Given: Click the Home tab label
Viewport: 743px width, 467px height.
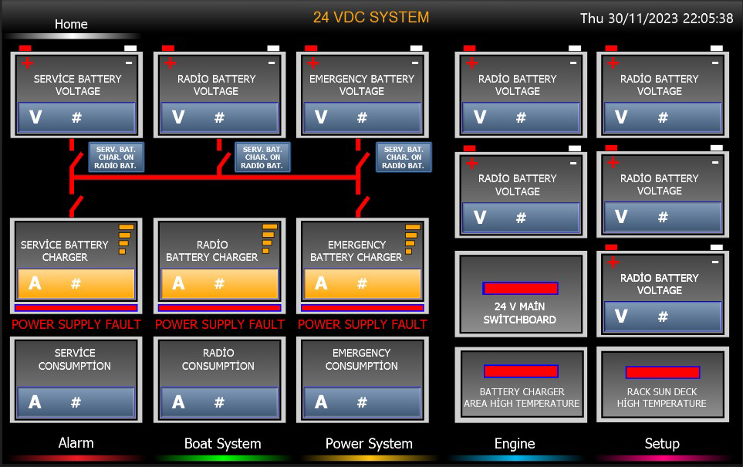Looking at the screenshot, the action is [x=71, y=24].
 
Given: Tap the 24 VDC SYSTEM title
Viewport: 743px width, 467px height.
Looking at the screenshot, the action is [x=371, y=18].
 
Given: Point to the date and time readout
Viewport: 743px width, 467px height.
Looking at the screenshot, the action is [x=657, y=19].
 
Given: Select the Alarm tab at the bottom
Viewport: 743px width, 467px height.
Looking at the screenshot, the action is [x=76, y=443].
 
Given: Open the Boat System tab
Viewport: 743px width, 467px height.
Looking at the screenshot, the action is [x=223, y=444].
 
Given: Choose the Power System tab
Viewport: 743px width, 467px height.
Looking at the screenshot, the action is [x=369, y=444].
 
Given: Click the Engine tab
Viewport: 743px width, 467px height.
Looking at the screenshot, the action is [x=515, y=444].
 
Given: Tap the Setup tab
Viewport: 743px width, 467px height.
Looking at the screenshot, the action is [x=662, y=444].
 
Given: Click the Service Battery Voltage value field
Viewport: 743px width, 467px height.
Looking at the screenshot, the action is [x=76, y=117].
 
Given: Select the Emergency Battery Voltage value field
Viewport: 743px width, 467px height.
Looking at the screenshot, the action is [x=363, y=117].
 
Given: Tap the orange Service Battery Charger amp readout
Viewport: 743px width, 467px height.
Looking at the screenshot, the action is [x=76, y=283].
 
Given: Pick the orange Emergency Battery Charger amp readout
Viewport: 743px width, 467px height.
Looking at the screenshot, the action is [x=363, y=283].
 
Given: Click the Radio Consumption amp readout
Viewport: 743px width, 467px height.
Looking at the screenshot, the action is [x=219, y=402].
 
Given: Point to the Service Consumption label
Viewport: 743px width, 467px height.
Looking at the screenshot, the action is [x=75, y=360].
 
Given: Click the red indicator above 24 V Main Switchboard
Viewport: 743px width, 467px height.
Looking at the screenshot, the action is [x=520, y=288].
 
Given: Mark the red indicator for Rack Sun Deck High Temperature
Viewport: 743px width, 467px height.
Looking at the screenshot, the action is [x=663, y=372].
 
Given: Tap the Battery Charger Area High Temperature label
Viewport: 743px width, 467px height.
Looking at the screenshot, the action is [x=522, y=398].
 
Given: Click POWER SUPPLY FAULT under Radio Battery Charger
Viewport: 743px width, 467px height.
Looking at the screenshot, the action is [x=220, y=325].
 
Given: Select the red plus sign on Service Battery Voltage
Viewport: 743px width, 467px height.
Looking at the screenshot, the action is [x=28, y=63].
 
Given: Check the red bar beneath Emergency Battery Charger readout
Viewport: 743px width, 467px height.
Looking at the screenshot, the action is [x=363, y=308].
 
